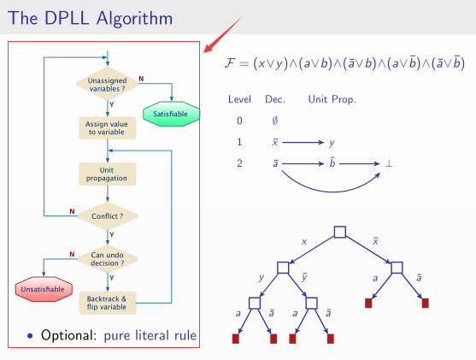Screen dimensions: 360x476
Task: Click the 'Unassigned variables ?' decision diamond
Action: tap(106, 84)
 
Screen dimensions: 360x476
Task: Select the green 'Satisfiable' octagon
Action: tap(171, 114)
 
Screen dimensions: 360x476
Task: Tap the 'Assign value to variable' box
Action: tap(106, 128)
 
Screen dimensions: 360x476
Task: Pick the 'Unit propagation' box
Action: tap(106, 174)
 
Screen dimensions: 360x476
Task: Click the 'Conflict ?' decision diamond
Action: tap(107, 216)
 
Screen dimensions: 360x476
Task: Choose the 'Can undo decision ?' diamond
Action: tap(107, 257)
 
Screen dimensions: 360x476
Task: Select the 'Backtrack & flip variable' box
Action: tap(106, 302)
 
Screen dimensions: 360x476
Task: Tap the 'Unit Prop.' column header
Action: tap(332, 100)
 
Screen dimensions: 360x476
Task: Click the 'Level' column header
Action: tap(239, 100)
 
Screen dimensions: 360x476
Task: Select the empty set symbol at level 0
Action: tap(274, 121)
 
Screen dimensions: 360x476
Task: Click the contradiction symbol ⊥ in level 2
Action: tap(389, 162)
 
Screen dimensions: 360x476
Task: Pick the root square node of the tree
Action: tap(339, 232)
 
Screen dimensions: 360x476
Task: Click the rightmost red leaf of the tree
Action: tap(425, 303)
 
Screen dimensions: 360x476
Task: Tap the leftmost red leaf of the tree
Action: tap(237, 339)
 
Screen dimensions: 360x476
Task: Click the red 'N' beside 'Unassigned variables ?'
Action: tap(141, 79)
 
